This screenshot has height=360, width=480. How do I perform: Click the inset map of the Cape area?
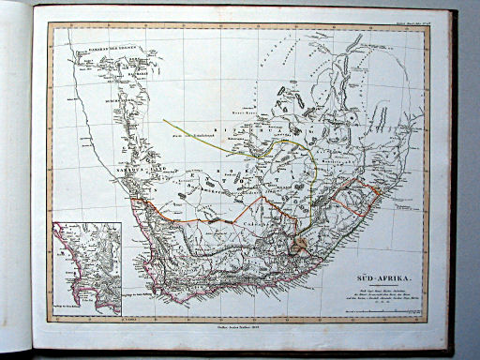(87, 268)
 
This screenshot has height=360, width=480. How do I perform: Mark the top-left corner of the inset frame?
(53, 222)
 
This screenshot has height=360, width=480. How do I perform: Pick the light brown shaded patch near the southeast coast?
(299, 246)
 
